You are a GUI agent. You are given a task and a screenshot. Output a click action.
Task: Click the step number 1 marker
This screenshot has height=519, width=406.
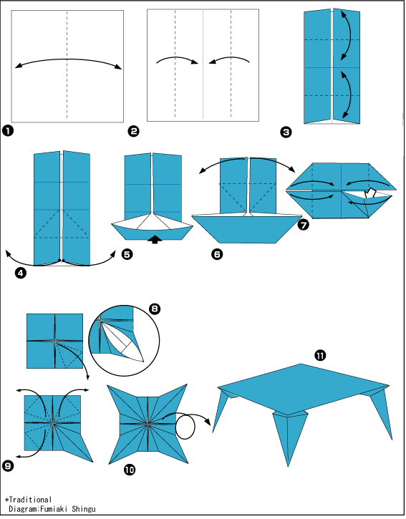[x=8, y=131]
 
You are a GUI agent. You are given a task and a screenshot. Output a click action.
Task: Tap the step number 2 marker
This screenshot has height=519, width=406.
[x=133, y=132]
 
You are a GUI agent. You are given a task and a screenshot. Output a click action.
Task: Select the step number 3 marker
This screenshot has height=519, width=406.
[x=286, y=132]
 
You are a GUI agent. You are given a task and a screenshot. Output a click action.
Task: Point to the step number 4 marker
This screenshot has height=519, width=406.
[x=21, y=273]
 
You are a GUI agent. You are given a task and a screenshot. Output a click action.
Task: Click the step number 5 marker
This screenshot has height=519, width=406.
[x=127, y=254]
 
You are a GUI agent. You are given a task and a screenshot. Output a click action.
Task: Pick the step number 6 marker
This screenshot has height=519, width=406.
[x=217, y=254]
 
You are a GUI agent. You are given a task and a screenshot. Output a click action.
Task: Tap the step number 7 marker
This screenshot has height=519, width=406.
[x=304, y=225]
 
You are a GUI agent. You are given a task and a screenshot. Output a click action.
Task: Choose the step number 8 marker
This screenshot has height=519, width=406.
[x=155, y=309]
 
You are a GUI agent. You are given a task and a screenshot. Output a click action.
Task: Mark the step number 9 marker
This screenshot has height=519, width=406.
[x=8, y=466]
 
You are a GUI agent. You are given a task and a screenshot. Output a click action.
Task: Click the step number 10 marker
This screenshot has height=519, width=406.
[x=130, y=470]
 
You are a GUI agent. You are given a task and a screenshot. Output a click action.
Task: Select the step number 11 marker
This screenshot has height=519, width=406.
[x=320, y=356]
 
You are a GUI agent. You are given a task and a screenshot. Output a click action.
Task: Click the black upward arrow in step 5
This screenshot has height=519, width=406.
[x=155, y=239]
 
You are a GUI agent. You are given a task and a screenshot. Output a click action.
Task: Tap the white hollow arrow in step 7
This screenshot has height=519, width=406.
[x=369, y=193]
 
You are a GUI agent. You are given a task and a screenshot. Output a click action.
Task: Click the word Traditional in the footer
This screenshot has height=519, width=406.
[x=30, y=500]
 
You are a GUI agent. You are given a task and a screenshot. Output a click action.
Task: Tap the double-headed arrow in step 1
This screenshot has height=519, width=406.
[x=68, y=59]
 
